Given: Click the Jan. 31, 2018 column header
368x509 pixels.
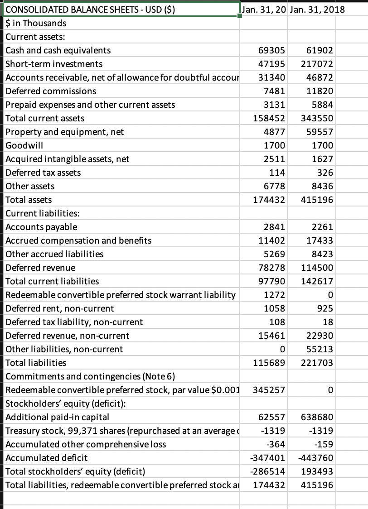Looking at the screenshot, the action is [316, 10].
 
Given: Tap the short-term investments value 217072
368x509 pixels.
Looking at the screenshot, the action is [317, 64].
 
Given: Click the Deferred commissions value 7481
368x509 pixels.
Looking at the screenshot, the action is [274, 91].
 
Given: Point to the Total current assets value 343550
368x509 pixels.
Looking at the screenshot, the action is [317, 118].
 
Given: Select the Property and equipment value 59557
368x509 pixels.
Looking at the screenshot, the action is [320, 132].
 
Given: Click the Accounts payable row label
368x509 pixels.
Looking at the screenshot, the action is [41, 227].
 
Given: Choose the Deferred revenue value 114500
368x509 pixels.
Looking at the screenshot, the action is [317, 268].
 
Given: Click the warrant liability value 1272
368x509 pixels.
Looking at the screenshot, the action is [274, 295].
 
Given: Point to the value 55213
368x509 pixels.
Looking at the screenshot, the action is [320, 349].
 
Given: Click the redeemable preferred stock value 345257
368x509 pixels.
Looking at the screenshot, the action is [268, 390].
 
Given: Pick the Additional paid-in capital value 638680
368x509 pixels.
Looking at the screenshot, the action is [317, 417].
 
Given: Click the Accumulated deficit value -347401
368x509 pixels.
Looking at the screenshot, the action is [268, 458].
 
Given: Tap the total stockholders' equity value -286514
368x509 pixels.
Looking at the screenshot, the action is [268, 471].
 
